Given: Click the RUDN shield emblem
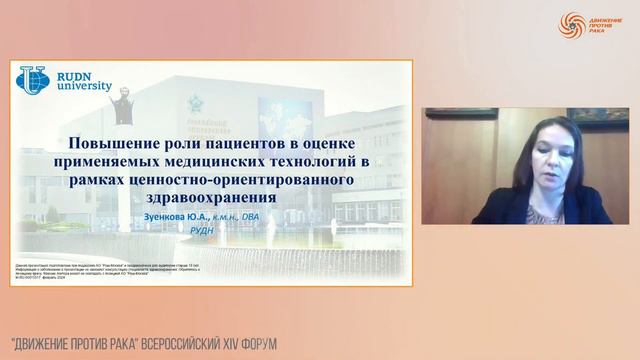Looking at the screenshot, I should point(31,80).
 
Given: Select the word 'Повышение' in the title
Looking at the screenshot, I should point(116,143).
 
